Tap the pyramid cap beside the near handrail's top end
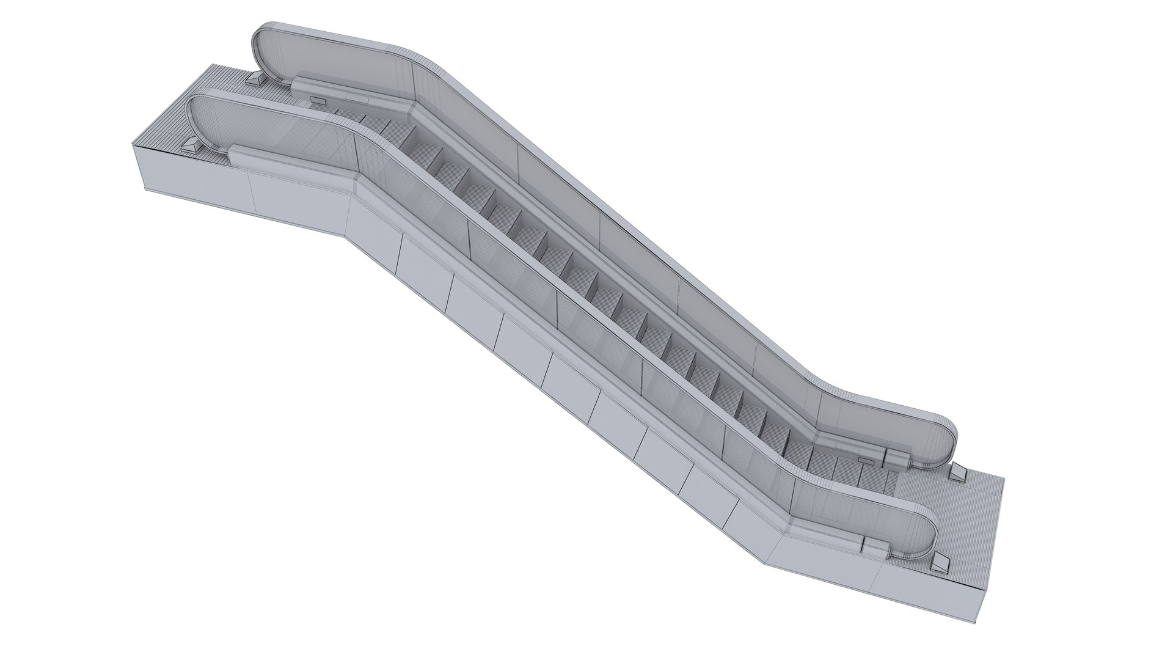pyautogui.click(x=191, y=147)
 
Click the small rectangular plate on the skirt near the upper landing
pyautogui.click(x=318, y=100)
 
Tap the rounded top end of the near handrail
pyautogui.click(x=194, y=117)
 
